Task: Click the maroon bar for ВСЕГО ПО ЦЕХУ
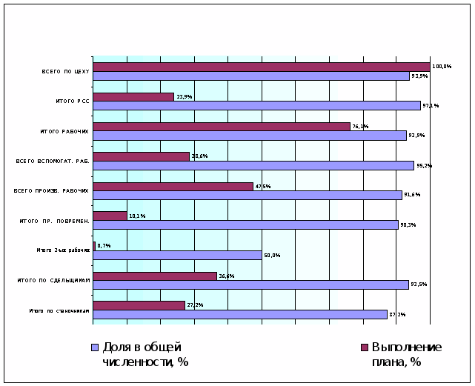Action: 261,67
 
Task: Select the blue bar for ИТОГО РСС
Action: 256,105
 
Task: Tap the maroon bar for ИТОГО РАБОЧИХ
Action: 221,127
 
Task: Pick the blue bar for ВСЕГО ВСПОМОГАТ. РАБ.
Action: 253,165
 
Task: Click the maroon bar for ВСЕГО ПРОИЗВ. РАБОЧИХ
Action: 173,186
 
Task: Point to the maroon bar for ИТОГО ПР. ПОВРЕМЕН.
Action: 110,216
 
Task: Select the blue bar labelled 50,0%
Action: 177,255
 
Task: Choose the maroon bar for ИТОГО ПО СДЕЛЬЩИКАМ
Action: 155,276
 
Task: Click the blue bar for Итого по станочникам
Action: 239,314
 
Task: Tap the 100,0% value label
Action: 442,67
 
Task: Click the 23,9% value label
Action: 184,97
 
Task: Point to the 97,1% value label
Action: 431,106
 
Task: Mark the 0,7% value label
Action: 104,245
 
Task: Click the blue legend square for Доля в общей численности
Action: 94,347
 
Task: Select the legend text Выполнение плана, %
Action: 406,354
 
